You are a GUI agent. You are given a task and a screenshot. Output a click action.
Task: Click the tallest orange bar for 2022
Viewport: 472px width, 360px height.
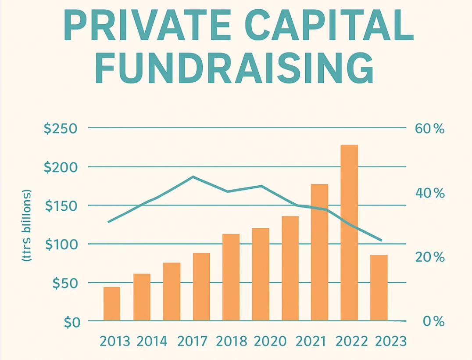point(349,233)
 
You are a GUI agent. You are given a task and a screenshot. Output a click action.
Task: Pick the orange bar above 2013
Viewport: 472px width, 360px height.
point(112,303)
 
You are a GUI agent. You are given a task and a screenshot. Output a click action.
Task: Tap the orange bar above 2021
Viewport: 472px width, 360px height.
point(319,252)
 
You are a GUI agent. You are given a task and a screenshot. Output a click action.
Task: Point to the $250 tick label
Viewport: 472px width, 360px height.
point(61,129)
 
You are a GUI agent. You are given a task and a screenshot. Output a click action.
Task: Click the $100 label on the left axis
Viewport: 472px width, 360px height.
point(61,245)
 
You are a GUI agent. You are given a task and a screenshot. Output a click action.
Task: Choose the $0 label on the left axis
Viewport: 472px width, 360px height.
point(70,322)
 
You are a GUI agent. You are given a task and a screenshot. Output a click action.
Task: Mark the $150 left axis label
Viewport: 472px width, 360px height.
point(61,206)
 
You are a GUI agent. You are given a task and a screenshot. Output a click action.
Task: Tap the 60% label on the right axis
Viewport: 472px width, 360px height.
point(429,129)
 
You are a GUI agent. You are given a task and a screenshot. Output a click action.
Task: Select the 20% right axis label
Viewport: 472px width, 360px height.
point(429,257)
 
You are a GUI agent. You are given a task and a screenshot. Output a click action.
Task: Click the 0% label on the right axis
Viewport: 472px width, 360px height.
point(433,322)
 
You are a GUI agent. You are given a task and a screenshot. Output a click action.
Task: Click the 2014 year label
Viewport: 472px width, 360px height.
point(152,342)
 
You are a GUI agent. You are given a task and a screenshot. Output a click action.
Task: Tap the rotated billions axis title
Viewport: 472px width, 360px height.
point(27,227)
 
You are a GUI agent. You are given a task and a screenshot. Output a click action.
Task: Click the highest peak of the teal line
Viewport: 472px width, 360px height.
point(193,177)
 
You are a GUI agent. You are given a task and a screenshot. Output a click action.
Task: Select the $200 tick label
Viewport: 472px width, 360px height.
point(61,168)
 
